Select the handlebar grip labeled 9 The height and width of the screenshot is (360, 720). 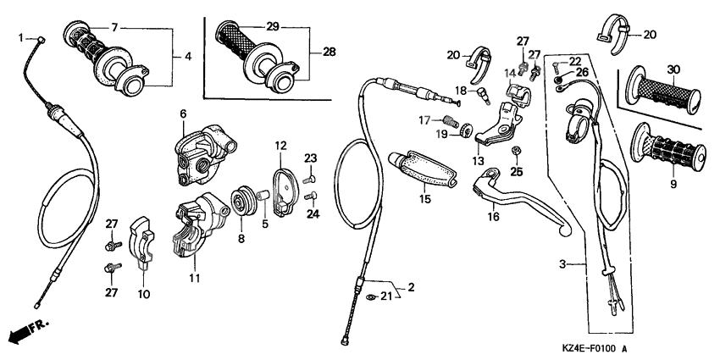click(670, 147)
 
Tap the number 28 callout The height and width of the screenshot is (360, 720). click(328, 52)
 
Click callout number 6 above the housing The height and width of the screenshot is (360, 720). click(181, 113)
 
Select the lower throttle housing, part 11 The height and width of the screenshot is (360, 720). click(195, 224)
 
